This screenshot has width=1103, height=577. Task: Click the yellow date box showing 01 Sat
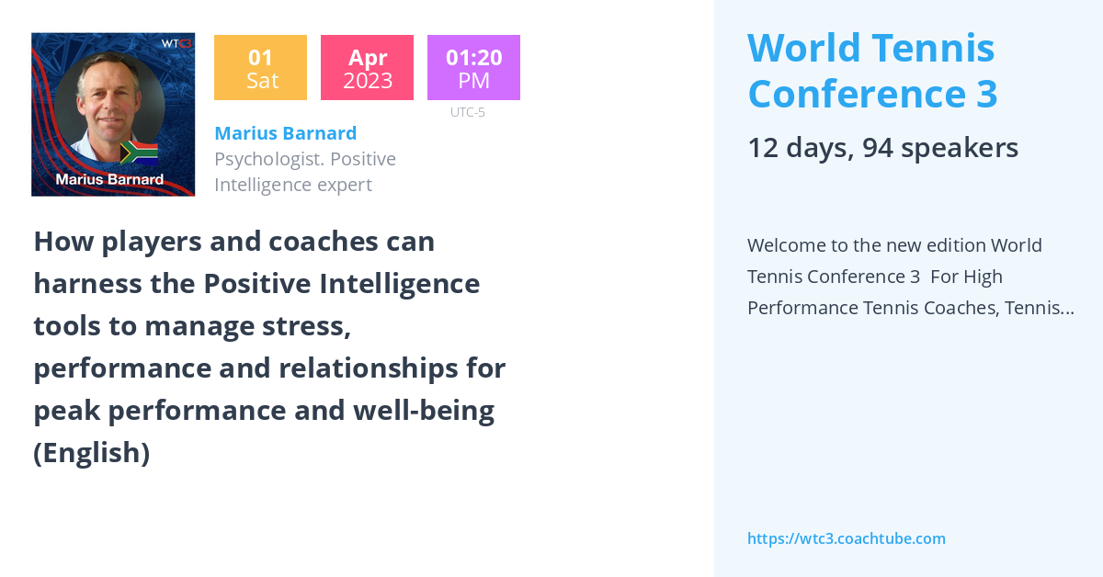point(260,68)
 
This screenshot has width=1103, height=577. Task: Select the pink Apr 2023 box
point(367,68)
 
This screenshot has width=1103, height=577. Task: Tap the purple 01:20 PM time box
point(473,68)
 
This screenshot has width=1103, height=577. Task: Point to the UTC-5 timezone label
point(467,112)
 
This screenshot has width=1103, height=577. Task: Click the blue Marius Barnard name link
point(285,133)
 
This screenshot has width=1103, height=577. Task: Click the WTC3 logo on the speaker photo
point(176,43)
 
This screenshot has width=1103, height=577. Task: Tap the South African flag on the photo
point(140,152)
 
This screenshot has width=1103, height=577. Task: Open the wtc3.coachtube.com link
point(846,538)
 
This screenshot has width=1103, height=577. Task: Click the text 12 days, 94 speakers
point(882,148)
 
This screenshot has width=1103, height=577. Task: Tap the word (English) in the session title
point(91,453)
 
